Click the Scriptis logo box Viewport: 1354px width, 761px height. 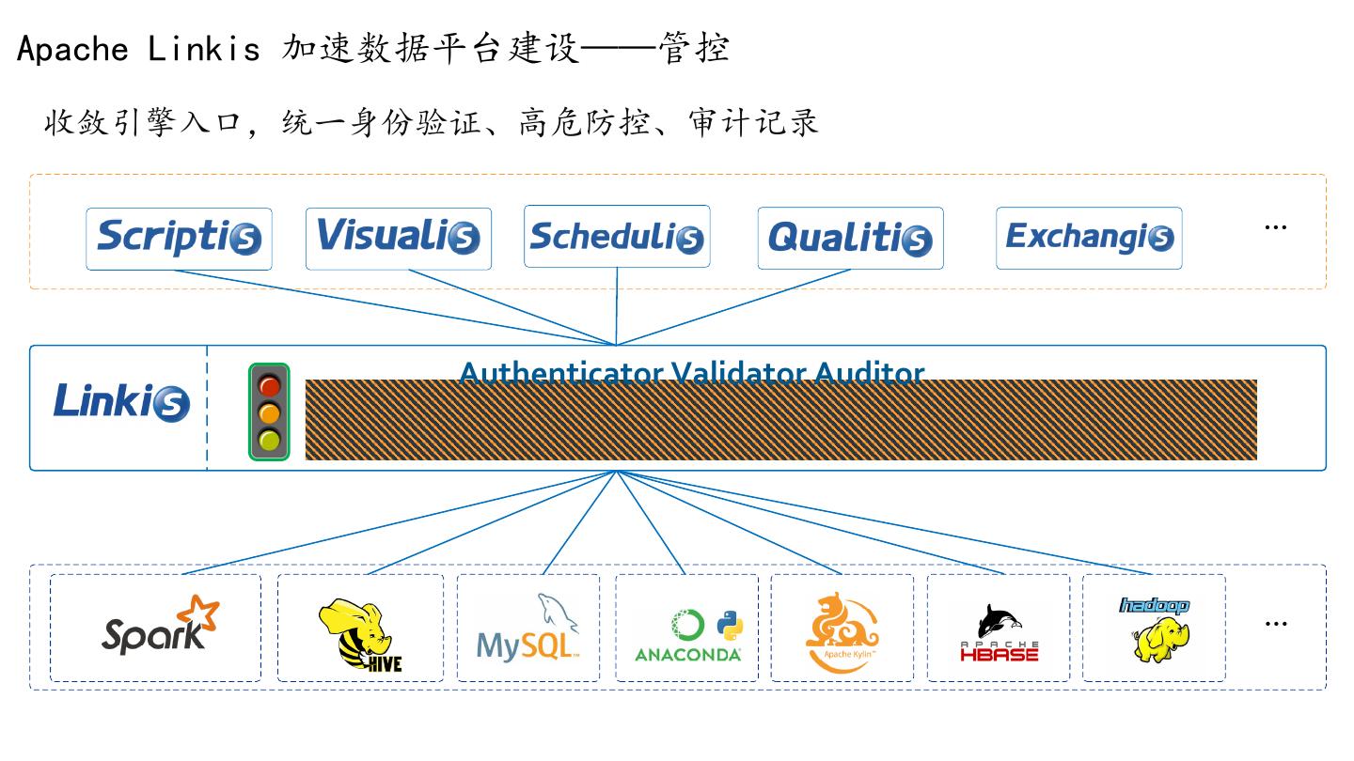179,239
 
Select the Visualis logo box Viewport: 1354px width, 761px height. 398,239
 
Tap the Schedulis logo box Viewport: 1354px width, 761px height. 617,237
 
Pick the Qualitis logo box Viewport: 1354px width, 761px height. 850,239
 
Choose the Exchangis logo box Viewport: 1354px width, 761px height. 1089,239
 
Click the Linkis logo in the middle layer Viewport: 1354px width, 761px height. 121,402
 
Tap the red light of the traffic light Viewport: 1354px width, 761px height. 270,385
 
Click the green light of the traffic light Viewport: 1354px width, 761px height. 270,440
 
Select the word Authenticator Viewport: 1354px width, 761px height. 561,373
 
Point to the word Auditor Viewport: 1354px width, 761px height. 869,373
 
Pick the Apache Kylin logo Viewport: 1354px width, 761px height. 842,631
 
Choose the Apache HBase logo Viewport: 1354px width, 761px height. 999,632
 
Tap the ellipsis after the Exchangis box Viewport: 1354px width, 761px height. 1275,227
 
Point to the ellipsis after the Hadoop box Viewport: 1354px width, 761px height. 1275,624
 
